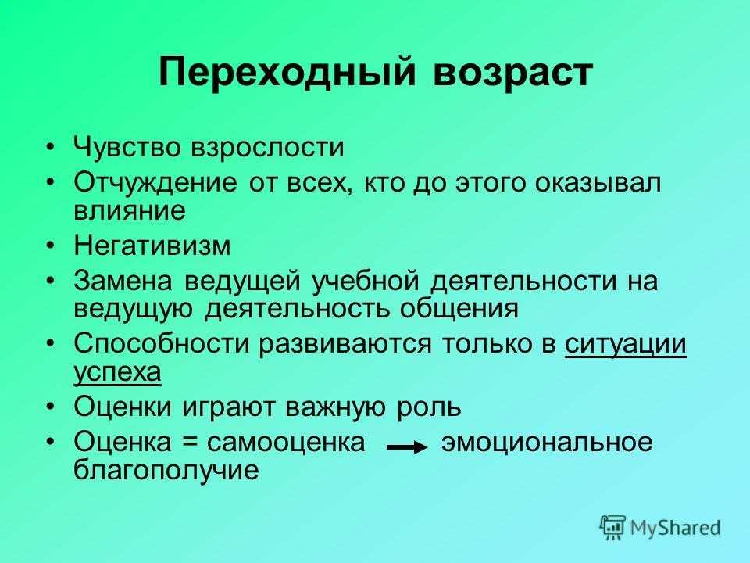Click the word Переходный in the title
287,73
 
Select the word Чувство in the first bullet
127,147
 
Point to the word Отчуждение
155,183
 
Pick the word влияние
130,210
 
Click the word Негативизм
152,245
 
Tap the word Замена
123,281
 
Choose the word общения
459,310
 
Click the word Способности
162,343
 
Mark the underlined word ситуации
626,345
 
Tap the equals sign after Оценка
189,443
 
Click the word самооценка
286,443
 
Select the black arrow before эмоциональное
407,448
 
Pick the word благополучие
166,470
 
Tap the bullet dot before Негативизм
52,246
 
